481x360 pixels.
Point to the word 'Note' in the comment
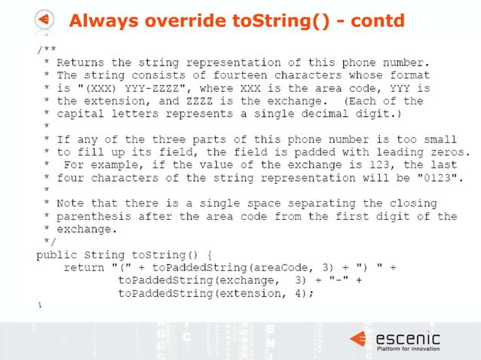(74, 203)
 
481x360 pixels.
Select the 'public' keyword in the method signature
(55, 254)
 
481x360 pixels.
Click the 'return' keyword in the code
(83, 267)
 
